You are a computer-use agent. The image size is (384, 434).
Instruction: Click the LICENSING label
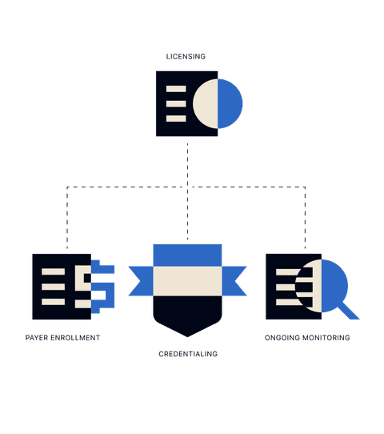click(x=186, y=57)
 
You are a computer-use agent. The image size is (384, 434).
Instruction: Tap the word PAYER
click(x=37, y=338)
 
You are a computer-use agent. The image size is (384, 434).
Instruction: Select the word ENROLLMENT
click(x=75, y=338)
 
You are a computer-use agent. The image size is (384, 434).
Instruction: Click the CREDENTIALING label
click(x=188, y=354)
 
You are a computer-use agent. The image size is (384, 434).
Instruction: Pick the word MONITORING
click(x=326, y=338)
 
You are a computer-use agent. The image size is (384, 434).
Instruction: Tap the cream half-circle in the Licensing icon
click(x=206, y=104)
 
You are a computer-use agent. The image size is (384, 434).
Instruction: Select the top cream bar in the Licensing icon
click(x=176, y=89)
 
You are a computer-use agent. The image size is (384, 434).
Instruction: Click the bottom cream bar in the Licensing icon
click(x=176, y=119)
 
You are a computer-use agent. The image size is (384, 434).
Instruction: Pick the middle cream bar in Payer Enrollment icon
click(x=53, y=287)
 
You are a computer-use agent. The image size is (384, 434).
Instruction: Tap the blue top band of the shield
click(x=187, y=255)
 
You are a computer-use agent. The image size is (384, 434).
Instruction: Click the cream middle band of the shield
click(x=187, y=281)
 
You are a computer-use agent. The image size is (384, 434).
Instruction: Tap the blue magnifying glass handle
click(x=348, y=310)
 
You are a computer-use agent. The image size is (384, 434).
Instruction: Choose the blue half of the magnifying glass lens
click(x=333, y=286)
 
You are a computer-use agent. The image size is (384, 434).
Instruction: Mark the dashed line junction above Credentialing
click(x=187, y=187)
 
